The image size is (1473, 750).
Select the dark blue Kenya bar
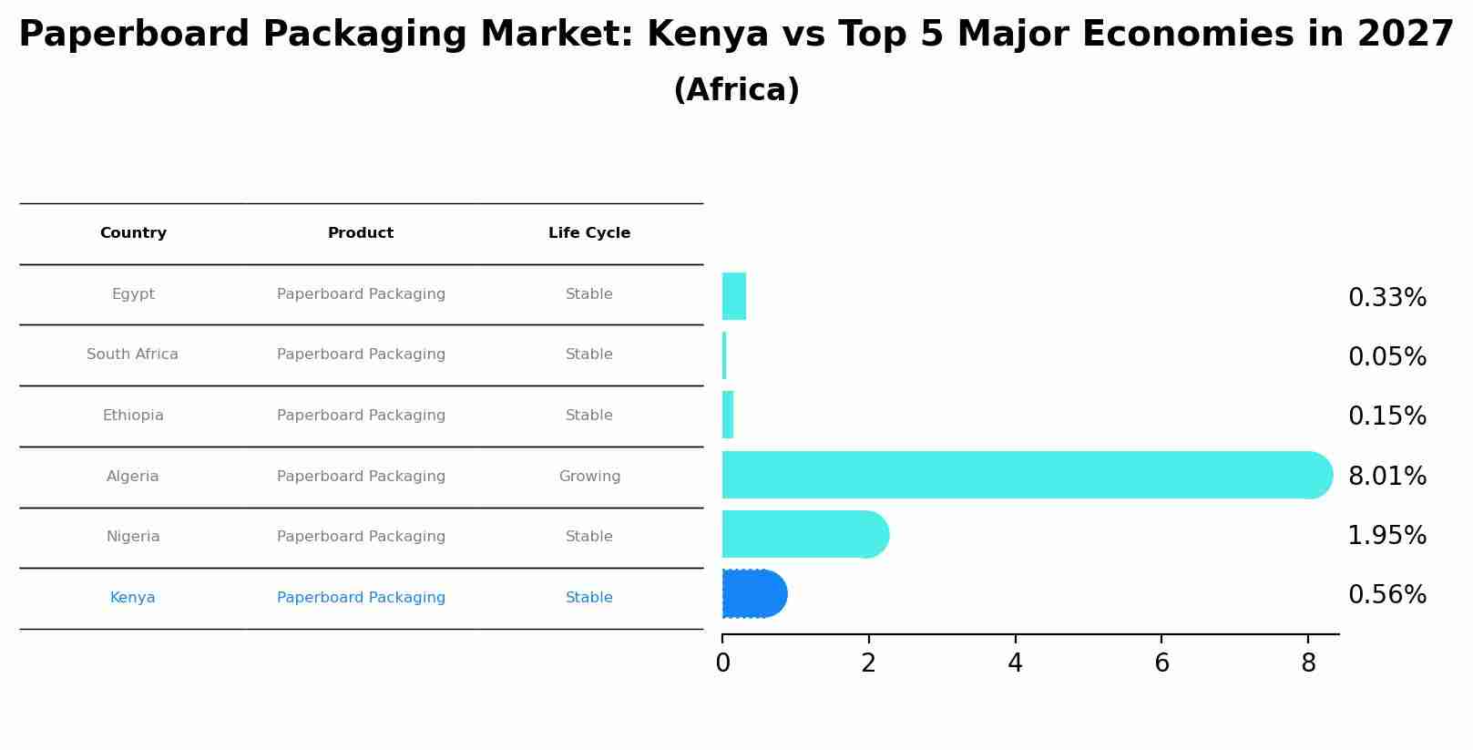753,594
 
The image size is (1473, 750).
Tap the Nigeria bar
802,534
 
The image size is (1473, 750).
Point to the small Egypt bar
734,296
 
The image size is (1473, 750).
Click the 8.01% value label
1386,477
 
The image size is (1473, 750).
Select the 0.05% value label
1386,357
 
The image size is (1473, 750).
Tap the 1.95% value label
1386,536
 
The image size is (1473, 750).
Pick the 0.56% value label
1386,595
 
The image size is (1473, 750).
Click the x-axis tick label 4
1015,664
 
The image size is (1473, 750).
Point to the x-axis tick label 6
1161,664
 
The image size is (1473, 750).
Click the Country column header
133,233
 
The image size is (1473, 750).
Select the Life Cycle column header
589,233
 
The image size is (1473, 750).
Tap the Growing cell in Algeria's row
589,477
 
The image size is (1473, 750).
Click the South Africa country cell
133,354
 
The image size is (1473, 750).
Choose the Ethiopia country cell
133,416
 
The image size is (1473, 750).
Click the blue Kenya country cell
133,598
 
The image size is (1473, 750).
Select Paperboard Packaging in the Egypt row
361,294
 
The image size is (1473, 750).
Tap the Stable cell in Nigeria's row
589,537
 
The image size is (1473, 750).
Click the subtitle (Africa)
736,90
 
